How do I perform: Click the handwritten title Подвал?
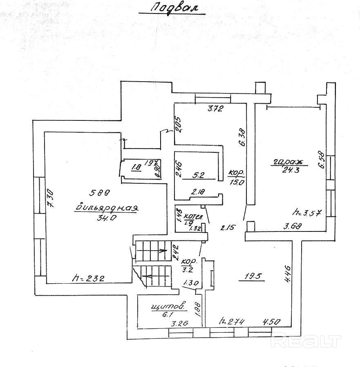[x=171, y=9]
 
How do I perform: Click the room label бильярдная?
[x=107, y=208]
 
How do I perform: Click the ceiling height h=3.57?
[x=306, y=212]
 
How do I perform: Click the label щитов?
[x=168, y=306]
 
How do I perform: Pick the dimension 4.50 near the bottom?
[x=272, y=321]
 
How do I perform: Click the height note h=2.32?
[x=89, y=279]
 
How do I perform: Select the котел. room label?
[x=191, y=216]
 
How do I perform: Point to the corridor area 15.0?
[x=236, y=182]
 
